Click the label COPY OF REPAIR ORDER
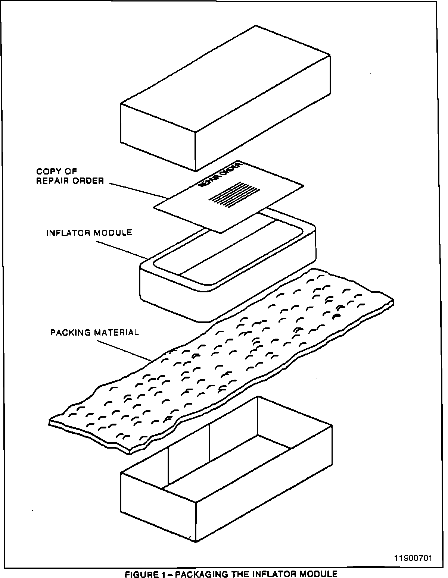coord(70,176)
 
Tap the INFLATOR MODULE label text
coord(89,233)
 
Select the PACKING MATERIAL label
coord(94,332)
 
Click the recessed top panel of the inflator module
coord(228,254)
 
